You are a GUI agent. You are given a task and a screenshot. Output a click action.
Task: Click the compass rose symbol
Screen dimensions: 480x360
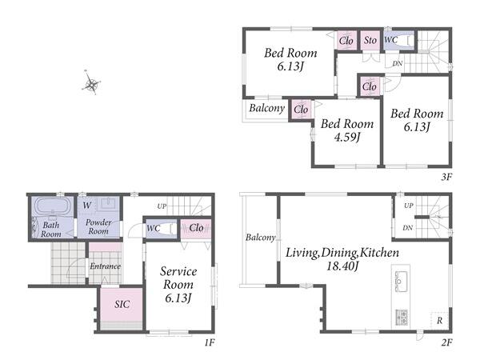[x=91, y=82]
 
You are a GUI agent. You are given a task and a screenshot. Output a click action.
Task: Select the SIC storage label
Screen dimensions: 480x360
[x=122, y=304]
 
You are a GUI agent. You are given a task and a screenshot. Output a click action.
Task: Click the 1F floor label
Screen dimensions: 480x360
[x=210, y=342]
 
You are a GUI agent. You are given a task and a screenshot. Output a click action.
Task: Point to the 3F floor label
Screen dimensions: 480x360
[x=446, y=177]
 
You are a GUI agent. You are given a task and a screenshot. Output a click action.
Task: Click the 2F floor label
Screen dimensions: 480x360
[x=446, y=342]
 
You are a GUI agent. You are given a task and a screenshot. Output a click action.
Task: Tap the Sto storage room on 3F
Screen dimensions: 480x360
[x=370, y=40]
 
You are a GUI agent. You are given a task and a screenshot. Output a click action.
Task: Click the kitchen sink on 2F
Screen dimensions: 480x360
[x=401, y=281]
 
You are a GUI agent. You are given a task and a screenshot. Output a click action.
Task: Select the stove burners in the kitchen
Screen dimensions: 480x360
[x=401, y=317]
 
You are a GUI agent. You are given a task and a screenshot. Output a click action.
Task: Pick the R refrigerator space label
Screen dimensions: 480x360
[x=439, y=321]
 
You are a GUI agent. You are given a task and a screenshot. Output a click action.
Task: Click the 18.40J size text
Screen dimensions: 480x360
[x=342, y=266]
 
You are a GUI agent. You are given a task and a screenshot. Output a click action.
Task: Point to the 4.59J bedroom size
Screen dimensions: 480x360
[x=347, y=137]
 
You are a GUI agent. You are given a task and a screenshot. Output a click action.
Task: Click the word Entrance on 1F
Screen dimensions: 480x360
[x=105, y=266]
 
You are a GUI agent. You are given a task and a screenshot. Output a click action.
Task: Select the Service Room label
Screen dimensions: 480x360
[x=178, y=278]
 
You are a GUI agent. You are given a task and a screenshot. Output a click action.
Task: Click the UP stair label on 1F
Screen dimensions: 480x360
[x=162, y=206]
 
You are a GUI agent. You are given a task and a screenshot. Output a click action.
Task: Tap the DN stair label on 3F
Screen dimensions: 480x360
[x=398, y=63]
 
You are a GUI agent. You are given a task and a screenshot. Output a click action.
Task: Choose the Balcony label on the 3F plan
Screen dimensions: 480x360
[x=266, y=108]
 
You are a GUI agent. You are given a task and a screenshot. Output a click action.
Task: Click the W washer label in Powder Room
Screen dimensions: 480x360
[x=86, y=205]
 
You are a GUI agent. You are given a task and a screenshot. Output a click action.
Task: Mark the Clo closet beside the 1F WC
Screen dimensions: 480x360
[x=196, y=228]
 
